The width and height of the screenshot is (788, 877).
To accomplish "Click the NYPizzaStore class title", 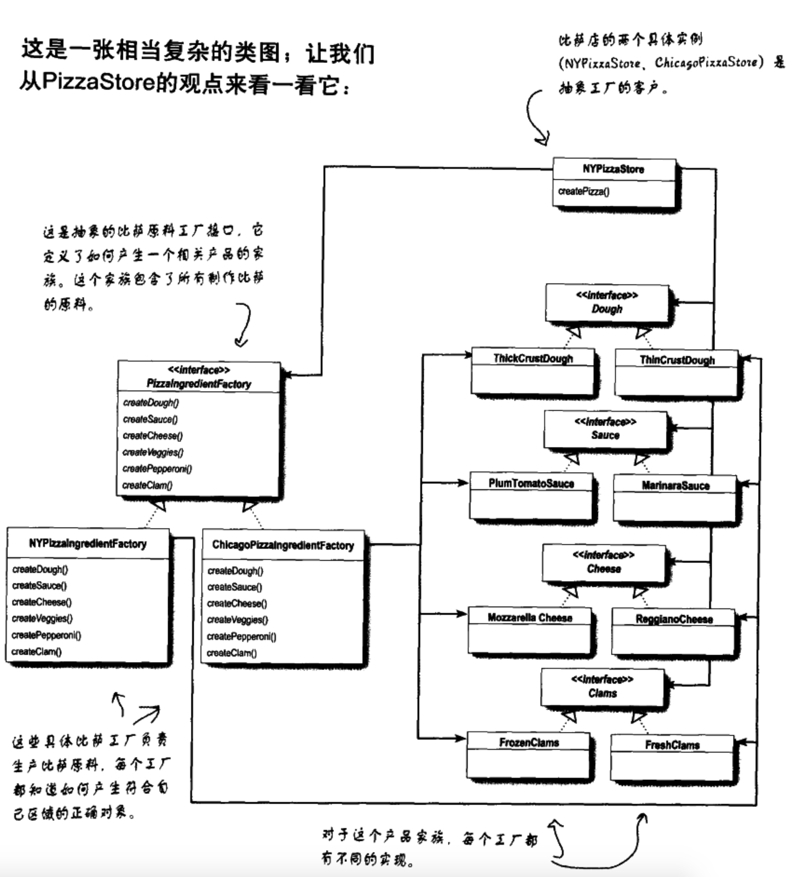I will [613, 169].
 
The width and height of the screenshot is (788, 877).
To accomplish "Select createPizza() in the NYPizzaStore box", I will [583, 191].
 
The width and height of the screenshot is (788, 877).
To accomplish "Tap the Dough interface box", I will [607, 303].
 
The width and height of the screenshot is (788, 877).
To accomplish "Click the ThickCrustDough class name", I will [533, 358].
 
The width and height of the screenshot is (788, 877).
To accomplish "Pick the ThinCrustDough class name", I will [677, 360].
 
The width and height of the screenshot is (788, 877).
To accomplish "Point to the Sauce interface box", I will [605, 429].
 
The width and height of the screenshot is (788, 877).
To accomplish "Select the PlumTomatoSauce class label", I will [531, 484].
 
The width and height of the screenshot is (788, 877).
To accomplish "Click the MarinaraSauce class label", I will [675, 486].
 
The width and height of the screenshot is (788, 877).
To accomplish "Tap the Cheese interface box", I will [603, 562].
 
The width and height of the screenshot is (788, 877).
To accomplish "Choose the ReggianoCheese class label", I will [674, 619].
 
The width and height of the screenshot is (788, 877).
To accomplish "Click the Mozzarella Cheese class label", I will [530, 618].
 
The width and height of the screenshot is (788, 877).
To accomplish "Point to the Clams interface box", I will [602, 687].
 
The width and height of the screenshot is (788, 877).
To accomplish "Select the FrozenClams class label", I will [529, 743].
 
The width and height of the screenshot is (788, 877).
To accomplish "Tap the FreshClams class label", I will [672, 745].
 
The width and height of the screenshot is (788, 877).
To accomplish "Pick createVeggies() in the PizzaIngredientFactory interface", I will [153, 452].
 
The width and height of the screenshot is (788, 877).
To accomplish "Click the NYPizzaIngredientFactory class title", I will [88, 544].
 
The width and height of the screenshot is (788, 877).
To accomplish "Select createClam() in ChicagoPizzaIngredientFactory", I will [231, 653].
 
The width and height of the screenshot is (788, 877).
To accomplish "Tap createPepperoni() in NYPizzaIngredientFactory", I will [46, 635].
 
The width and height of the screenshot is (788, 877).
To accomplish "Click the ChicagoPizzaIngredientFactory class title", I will [283, 545].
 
